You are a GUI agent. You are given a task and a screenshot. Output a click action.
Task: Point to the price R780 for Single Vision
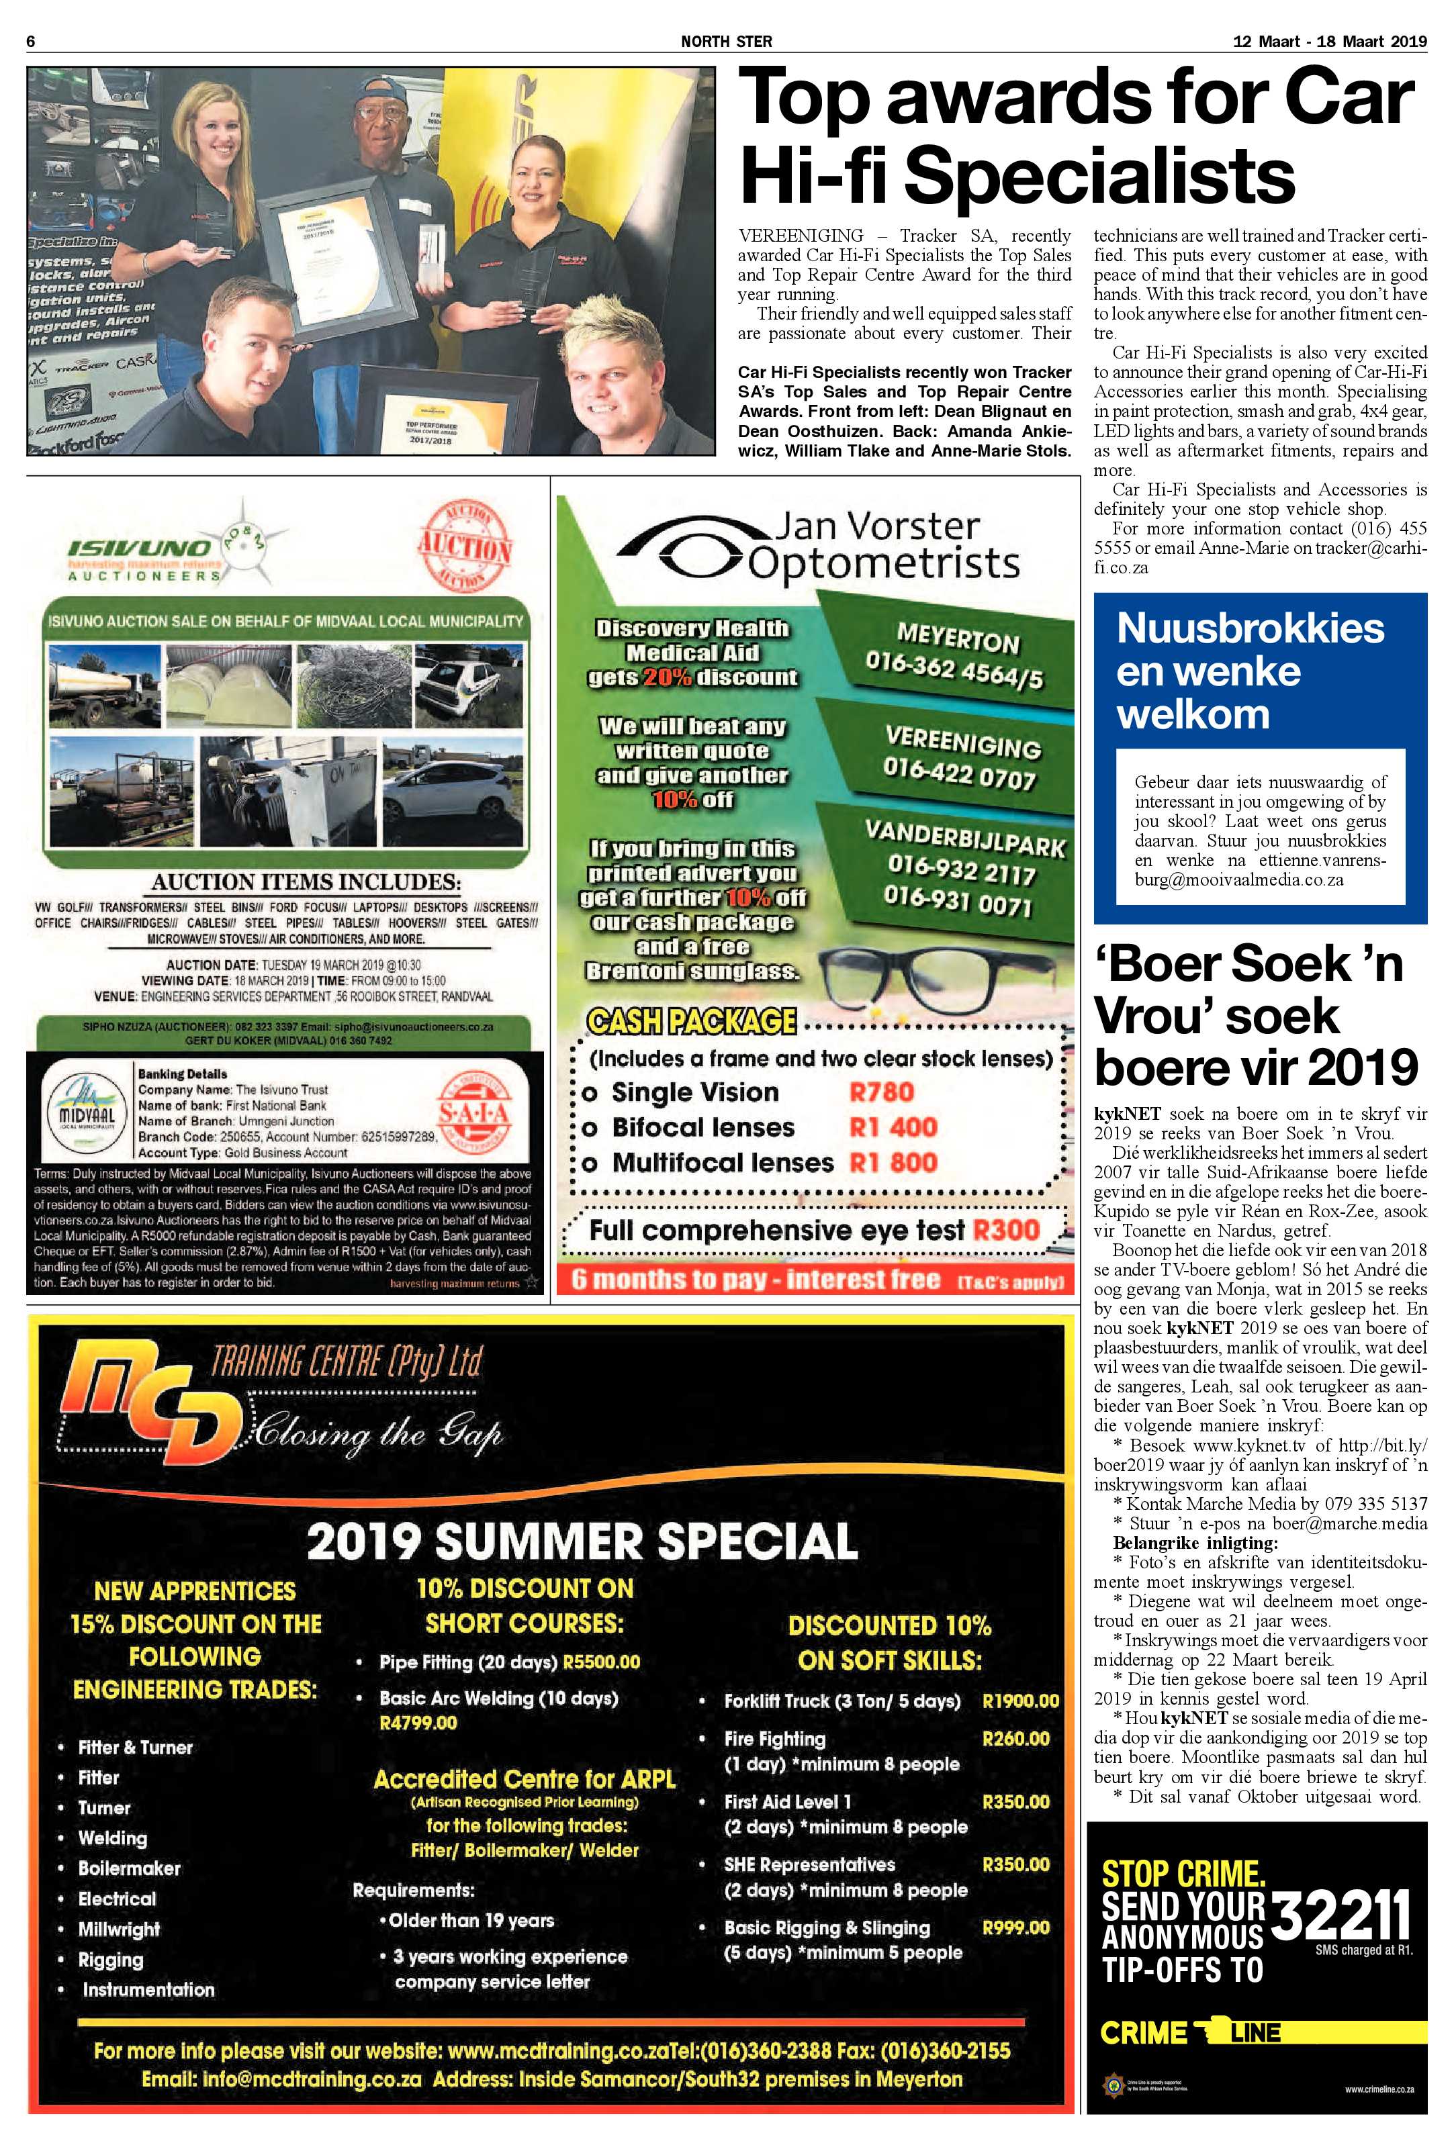click(x=881, y=1092)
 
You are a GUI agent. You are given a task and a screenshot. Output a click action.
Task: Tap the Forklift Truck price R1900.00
click(x=1020, y=1701)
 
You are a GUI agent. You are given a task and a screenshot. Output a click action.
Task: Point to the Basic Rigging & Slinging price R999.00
click(x=1015, y=1928)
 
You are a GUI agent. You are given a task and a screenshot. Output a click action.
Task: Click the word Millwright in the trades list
click(x=119, y=1929)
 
